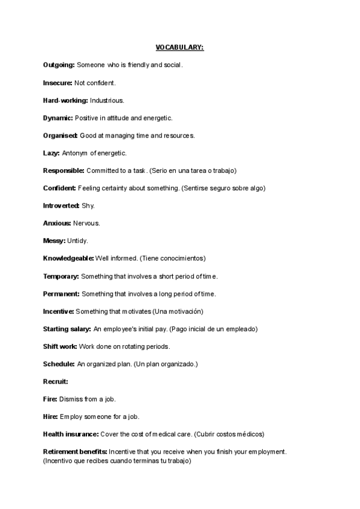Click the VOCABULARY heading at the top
179,47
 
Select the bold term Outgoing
59,65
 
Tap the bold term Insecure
58,82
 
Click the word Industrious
107,100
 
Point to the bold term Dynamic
58,118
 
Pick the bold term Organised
60,136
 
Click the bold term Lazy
51,153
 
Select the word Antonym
76,153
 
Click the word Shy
88,206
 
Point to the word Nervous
86,223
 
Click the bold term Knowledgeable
68,259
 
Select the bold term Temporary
61,276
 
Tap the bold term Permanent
61,294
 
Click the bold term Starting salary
67,329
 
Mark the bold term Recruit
55,382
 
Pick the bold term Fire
50,399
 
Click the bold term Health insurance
70,434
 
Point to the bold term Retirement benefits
75,452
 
